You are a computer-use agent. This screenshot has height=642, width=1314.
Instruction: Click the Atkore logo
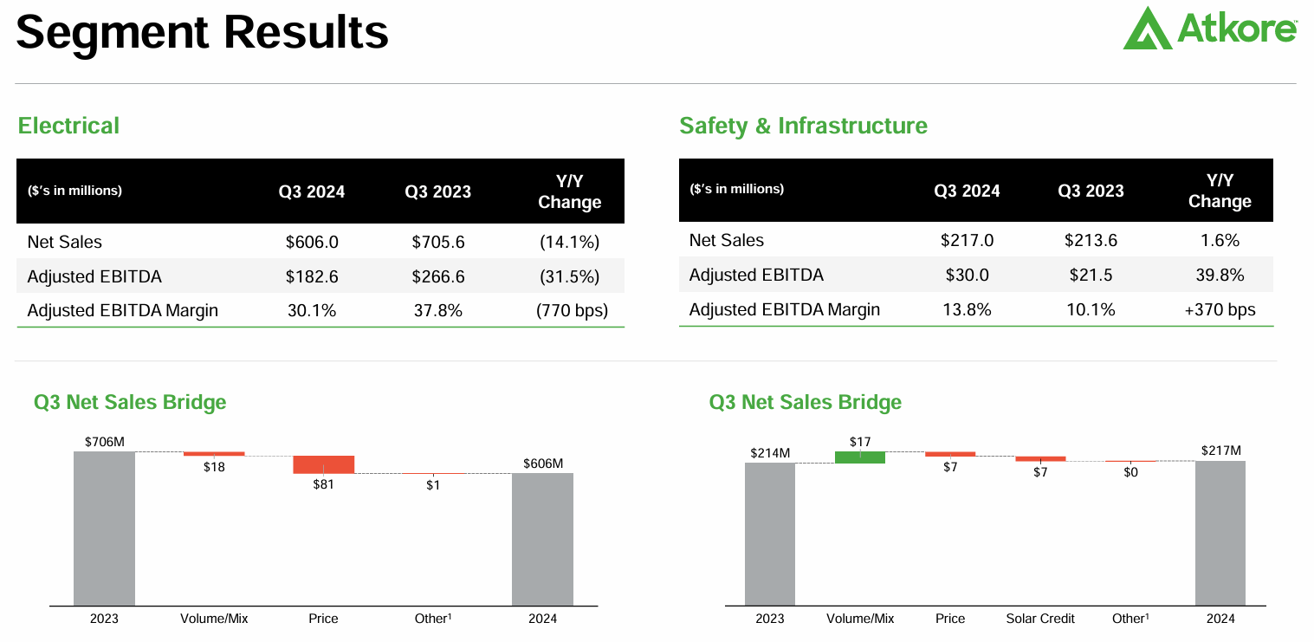[x=1209, y=29]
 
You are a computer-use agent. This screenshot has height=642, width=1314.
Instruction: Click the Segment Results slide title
[x=202, y=32]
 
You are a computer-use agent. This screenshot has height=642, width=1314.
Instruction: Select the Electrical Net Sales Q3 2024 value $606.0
[x=312, y=243]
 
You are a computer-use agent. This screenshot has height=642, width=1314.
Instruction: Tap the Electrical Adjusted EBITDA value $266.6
[x=437, y=277]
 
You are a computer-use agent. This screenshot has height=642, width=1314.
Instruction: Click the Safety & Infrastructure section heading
[x=803, y=126]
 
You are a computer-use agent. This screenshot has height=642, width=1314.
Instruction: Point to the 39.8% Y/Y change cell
[x=1219, y=276]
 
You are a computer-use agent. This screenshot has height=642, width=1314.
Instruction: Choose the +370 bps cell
[x=1219, y=309]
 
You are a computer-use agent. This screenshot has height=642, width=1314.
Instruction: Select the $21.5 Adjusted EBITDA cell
[x=1091, y=276]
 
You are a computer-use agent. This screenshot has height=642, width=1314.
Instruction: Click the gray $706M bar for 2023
[x=104, y=529]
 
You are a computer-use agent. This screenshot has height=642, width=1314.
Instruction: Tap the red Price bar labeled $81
[x=323, y=464]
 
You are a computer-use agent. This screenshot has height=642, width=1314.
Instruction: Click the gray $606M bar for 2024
[x=542, y=539]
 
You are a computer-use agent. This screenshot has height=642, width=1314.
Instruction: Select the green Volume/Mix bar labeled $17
[x=859, y=457]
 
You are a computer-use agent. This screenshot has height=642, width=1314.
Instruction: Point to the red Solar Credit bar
[x=1040, y=458]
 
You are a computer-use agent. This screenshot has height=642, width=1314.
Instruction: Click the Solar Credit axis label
[x=1040, y=619]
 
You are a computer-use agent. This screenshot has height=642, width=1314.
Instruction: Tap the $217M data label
[x=1220, y=451]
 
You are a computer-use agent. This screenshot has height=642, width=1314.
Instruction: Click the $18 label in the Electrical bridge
[x=214, y=467]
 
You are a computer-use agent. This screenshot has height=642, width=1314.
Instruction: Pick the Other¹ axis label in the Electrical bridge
[x=433, y=619]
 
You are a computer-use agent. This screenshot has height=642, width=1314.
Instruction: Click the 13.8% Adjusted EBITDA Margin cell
[x=967, y=309]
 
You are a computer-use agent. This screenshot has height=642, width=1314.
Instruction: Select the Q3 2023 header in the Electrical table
[x=437, y=191]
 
